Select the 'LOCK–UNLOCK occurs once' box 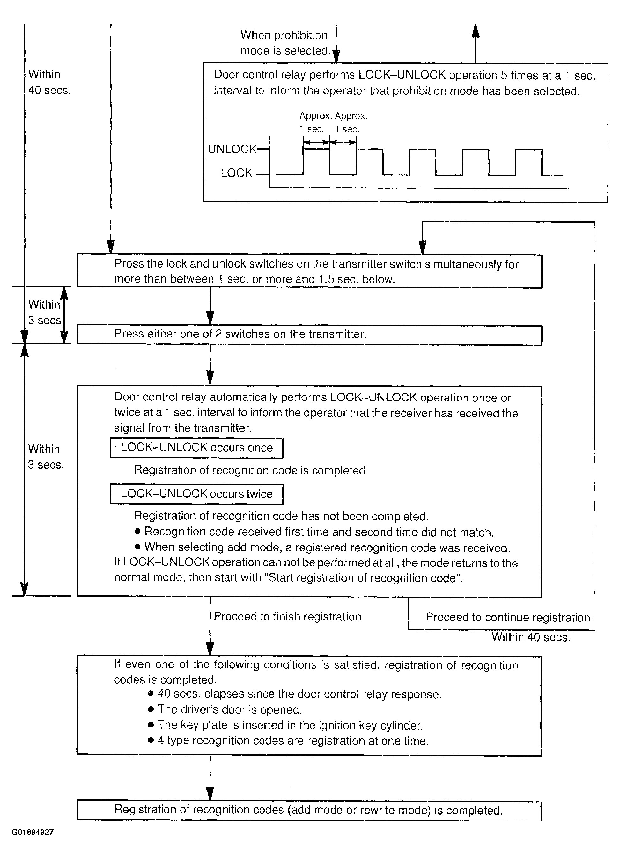[x=196, y=448]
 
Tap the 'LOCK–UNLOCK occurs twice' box [x=196, y=494]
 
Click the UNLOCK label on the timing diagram [x=232, y=149]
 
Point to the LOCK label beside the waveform [x=236, y=173]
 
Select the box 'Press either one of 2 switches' [x=309, y=334]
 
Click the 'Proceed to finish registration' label [x=287, y=617]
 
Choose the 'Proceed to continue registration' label [x=507, y=617]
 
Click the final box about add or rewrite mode [x=309, y=810]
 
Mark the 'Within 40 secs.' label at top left [x=49, y=82]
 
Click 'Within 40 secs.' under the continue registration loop [x=531, y=637]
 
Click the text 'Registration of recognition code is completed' [x=250, y=470]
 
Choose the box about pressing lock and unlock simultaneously [x=309, y=271]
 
